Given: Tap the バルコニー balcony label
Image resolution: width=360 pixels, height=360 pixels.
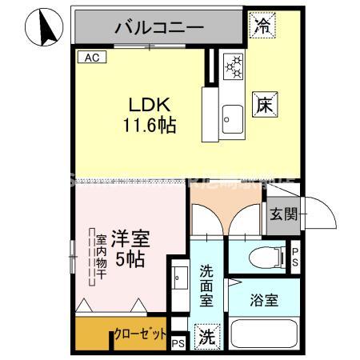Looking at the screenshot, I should tap(159, 27).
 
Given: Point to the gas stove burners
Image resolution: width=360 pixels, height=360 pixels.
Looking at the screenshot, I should tap(234, 67).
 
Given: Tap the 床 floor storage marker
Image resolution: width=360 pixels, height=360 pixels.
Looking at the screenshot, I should tap(266, 103).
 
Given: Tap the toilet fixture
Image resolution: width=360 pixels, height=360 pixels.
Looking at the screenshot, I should tap(265, 257).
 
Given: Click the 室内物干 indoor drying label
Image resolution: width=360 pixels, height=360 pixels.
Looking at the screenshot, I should tap(102, 256).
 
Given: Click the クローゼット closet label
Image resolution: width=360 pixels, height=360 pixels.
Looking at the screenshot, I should tap(141, 334).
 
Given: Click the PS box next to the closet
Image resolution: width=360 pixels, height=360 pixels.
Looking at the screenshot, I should tap(178, 343).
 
